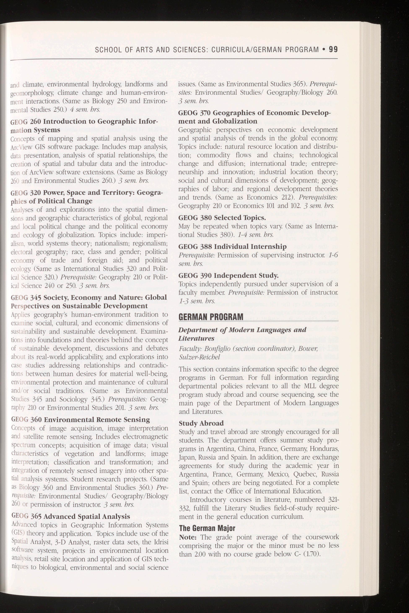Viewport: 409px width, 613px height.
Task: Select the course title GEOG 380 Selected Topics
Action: point(222,218)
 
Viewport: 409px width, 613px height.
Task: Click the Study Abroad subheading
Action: point(201,423)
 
